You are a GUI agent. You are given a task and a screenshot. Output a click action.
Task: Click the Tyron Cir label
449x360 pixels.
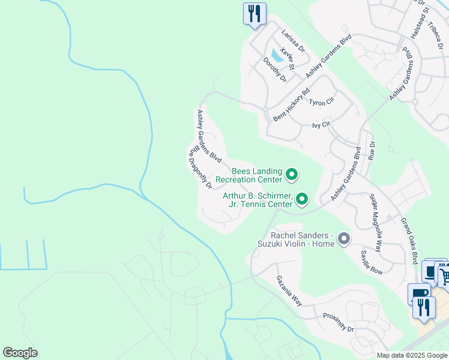coord(321,103)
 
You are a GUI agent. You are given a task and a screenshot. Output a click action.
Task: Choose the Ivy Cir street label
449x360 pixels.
coord(321,125)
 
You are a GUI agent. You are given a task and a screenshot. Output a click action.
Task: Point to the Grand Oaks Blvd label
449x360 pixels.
coord(409,240)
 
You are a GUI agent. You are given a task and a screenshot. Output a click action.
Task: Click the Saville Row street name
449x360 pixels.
coord(372,263)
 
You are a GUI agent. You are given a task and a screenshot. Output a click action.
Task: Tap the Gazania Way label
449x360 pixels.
coord(289,290)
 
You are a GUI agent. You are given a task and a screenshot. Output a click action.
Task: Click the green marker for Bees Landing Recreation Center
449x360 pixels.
coord(292,175)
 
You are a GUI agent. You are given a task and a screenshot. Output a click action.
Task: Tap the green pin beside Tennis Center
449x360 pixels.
coord(302,199)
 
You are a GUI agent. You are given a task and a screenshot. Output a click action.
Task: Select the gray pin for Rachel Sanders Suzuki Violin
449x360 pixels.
coord(344,239)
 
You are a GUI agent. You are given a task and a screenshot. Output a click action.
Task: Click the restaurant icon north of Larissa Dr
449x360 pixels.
coord(255,13)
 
